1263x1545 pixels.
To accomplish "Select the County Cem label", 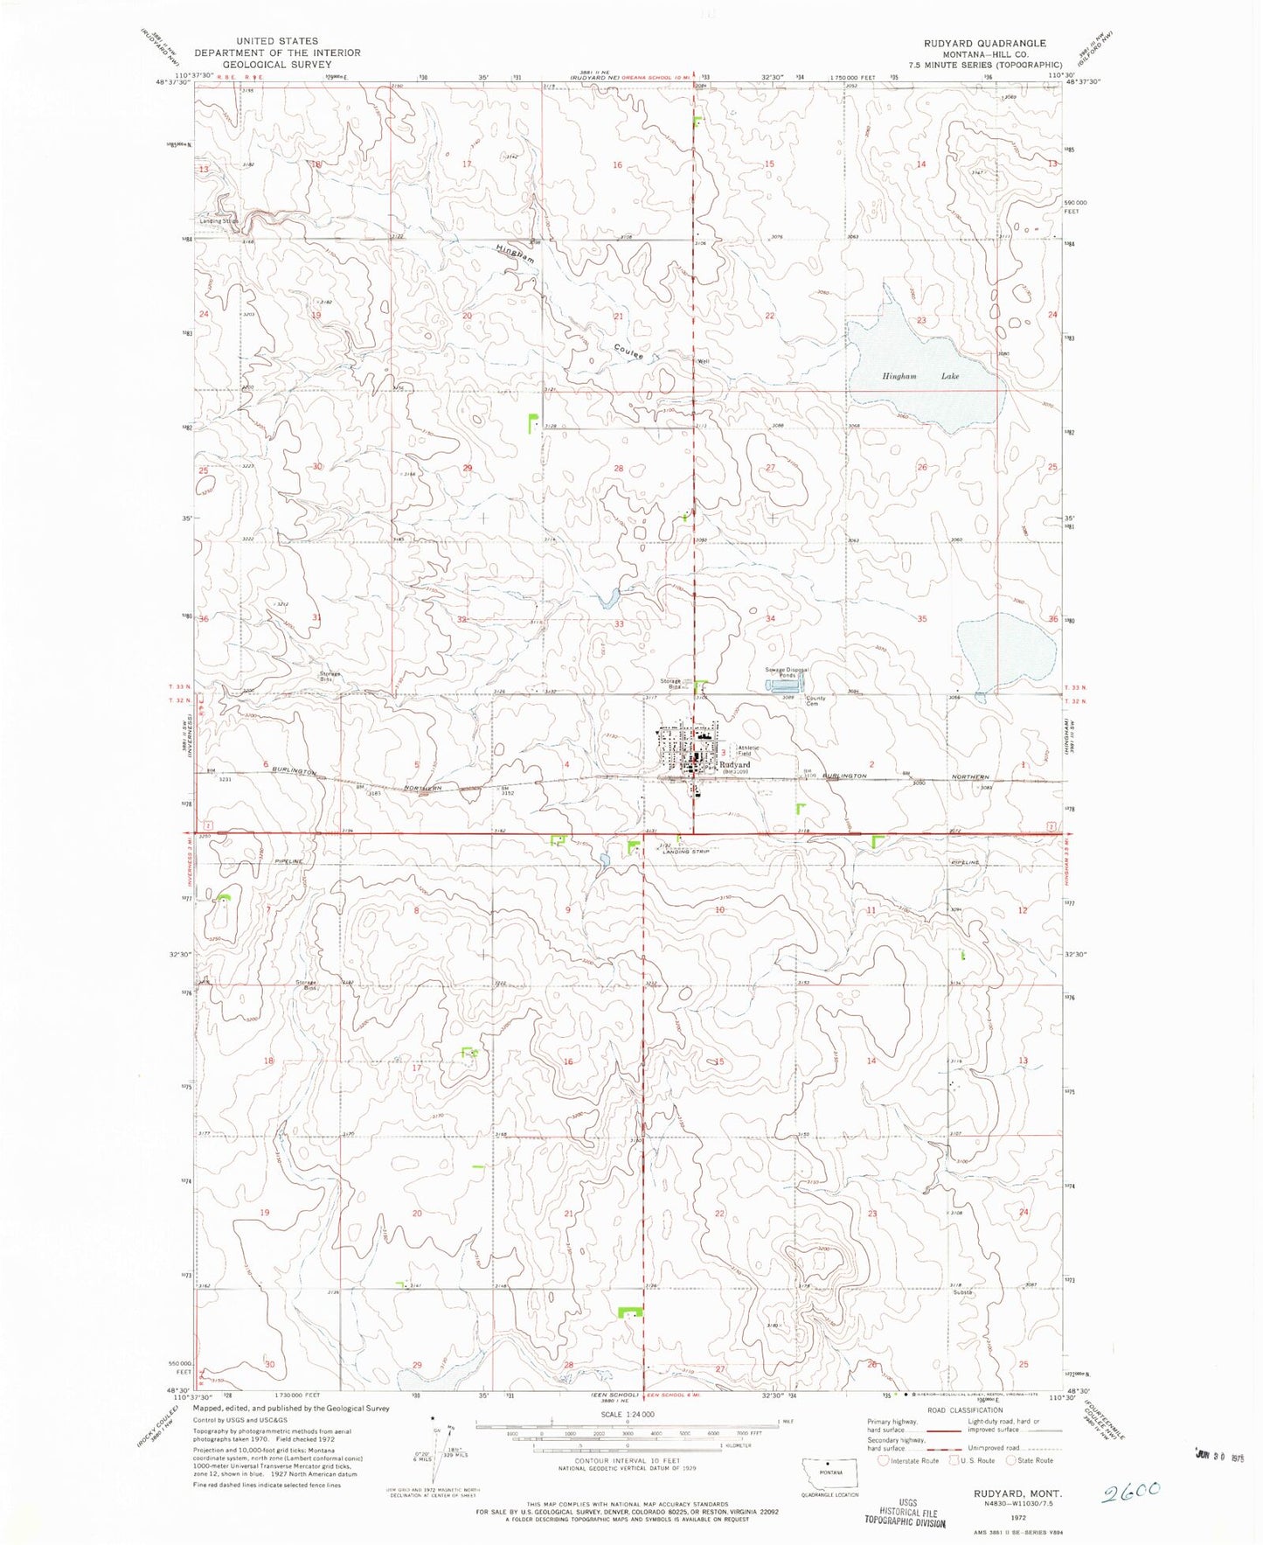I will click(815, 701).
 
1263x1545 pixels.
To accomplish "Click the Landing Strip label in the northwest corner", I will click(219, 220).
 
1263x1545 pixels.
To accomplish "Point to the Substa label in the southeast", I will click(962, 1291).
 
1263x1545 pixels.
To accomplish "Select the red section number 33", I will click(619, 623).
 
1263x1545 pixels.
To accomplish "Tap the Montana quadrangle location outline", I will click(829, 1473).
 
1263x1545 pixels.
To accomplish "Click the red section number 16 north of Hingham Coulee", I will click(617, 164).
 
